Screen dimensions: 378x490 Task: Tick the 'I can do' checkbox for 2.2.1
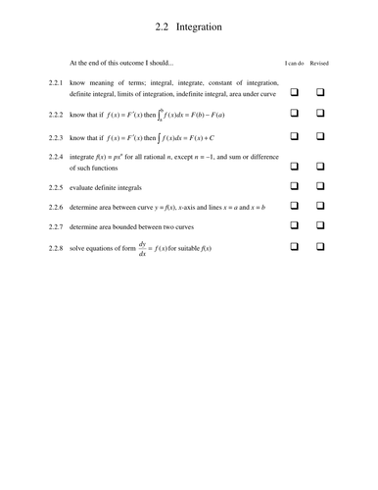pos(293,90)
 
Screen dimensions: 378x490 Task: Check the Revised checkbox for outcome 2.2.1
pos(319,90)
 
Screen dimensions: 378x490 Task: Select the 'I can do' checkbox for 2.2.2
pos(293,115)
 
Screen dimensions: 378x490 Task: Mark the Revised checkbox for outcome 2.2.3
pos(319,138)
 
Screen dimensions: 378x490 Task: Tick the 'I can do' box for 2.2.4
pos(293,162)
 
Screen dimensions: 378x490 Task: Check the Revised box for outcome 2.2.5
pos(319,184)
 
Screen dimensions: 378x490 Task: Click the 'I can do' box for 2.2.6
pos(293,206)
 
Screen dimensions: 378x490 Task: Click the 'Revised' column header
pos(319,64)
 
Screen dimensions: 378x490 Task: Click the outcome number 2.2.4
pos(55,157)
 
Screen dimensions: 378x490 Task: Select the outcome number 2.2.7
pos(55,227)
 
